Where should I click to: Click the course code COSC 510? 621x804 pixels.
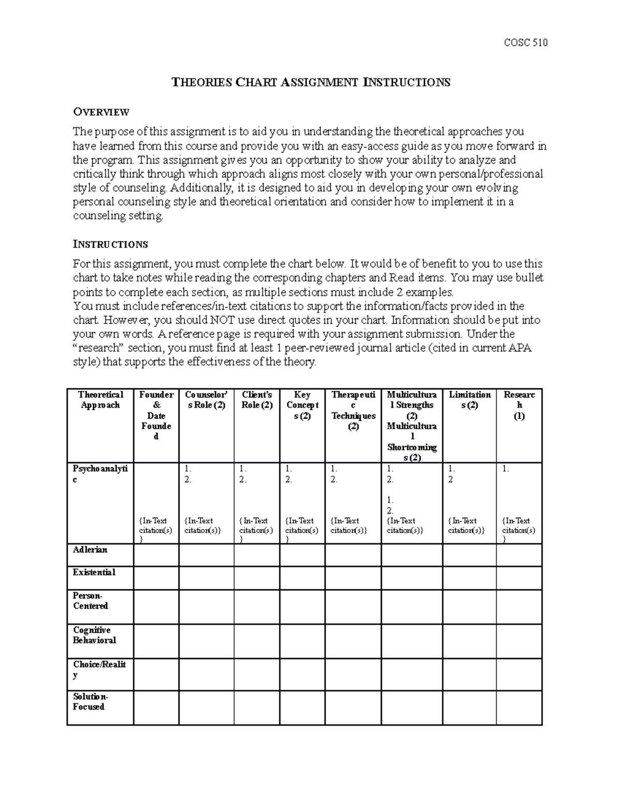click(x=525, y=43)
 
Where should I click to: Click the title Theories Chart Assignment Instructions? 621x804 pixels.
click(x=310, y=82)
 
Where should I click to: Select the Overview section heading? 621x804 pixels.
click(x=101, y=112)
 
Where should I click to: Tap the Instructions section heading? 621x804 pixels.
click(x=110, y=244)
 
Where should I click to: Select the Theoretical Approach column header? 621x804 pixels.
click(x=100, y=400)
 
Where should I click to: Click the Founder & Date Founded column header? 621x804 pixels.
click(x=156, y=416)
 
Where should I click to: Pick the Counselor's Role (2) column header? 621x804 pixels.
click(x=206, y=400)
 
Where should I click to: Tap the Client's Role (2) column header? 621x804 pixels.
click(x=257, y=400)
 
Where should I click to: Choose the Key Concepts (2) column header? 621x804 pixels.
click(x=302, y=405)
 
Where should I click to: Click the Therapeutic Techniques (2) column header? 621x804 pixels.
click(x=353, y=411)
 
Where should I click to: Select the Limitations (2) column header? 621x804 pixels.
click(x=469, y=400)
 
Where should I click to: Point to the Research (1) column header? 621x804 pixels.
click(x=519, y=405)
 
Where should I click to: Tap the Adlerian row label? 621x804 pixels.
click(x=90, y=550)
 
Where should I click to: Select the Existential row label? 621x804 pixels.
click(x=94, y=573)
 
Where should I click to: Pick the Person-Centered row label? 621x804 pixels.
click(x=90, y=601)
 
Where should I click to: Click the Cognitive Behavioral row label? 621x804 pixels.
click(x=94, y=635)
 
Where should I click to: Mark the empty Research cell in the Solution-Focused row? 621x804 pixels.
click(x=519, y=708)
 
